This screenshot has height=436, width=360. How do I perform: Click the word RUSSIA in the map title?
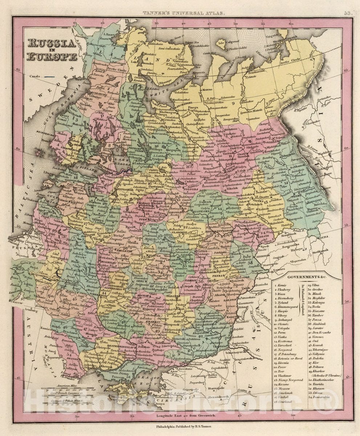(x=51, y=44)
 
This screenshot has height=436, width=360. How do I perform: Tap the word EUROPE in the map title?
(x=51, y=57)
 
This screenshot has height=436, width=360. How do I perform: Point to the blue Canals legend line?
(x=49, y=77)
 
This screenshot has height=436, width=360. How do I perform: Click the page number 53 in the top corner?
(x=347, y=13)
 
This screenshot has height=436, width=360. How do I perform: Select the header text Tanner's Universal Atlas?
(x=183, y=13)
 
